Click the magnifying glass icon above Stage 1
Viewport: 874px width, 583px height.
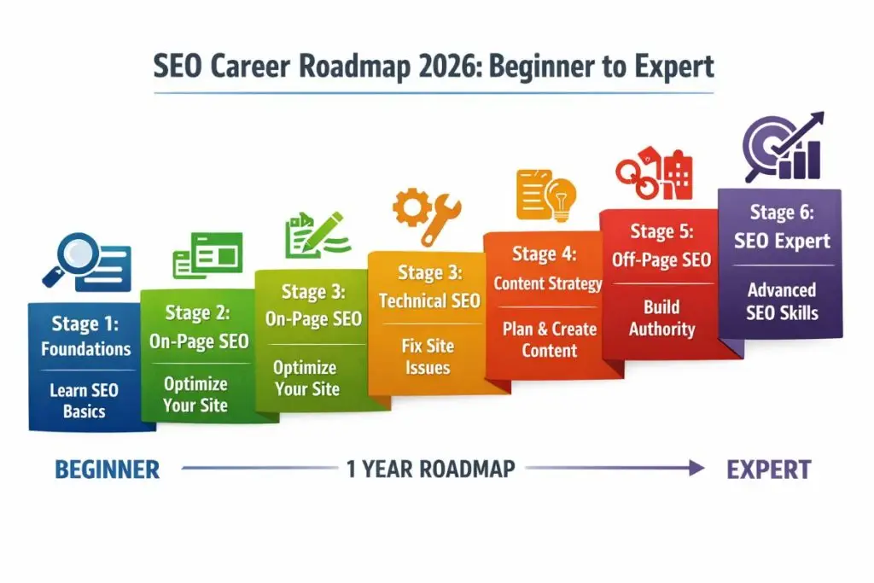tap(70, 259)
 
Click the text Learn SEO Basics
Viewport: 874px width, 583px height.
tap(84, 400)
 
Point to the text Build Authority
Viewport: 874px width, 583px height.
tap(661, 318)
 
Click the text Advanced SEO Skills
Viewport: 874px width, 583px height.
tap(781, 300)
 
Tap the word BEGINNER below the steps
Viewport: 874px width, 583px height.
tap(107, 469)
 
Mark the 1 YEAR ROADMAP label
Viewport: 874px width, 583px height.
tap(431, 469)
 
